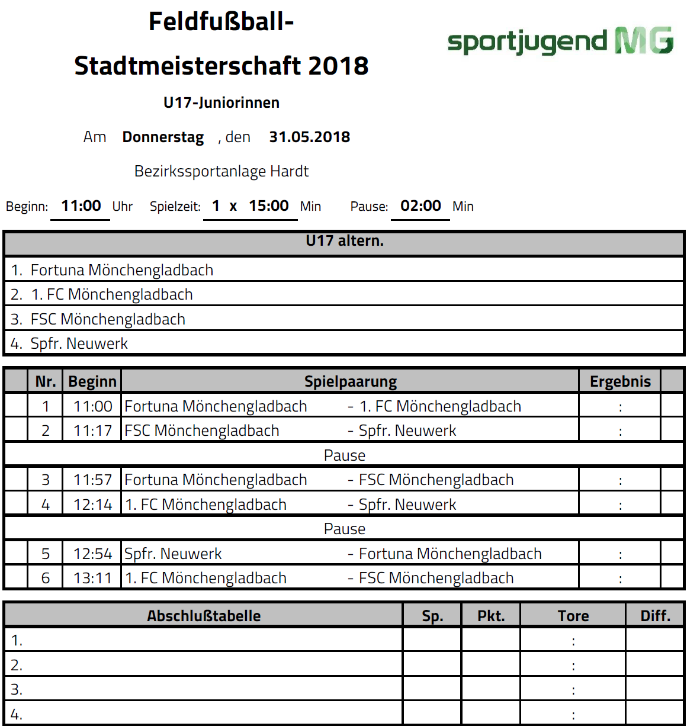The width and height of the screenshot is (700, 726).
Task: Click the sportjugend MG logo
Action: tap(560, 41)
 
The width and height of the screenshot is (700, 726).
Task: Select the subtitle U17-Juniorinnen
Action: tap(221, 102)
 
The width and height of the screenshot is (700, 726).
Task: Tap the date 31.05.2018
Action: tap(309, 137)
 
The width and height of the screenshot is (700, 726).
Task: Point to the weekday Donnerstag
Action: tap(163, 137)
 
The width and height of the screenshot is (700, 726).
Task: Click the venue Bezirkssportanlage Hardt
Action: tap(221, 171)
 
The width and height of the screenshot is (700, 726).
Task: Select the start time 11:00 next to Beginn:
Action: tap(81, 206)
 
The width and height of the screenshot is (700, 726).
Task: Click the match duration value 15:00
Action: tap(269, 206)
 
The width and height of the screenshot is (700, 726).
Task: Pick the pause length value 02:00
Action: tap(420, 206)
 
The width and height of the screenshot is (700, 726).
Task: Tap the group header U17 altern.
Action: tap(344, 241)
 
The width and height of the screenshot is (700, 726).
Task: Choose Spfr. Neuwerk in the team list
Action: tap(79, 343)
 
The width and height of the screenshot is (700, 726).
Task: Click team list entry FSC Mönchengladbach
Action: tap(108, 319)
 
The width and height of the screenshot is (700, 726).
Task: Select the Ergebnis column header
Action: tap(620, 381)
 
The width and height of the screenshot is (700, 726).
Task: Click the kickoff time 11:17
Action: tap(92, 431)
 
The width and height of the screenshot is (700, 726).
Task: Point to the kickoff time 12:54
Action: tap(92, 554)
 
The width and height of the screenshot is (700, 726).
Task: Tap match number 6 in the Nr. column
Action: tap(46, 578)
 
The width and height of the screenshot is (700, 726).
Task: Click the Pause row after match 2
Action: tap(344, 455)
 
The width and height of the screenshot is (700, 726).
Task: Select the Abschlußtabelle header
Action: tap(204, 616)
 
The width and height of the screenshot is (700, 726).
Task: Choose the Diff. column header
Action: tap(655, 616)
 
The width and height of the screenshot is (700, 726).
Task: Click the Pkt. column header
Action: tap(491, 616)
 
